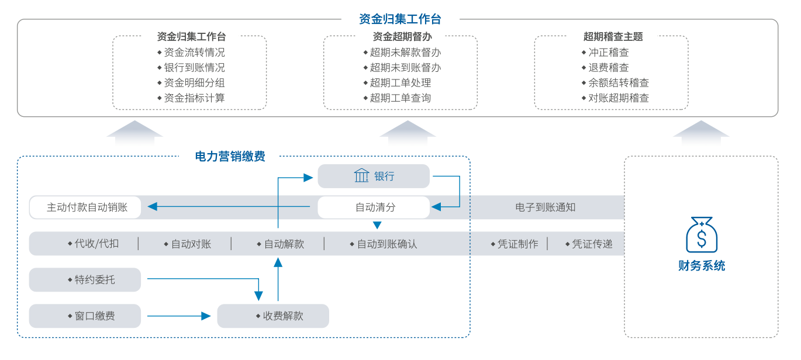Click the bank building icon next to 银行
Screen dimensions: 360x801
[362, 175]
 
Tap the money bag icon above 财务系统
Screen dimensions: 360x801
[702, 234]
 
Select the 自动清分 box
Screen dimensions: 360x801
[374, 207]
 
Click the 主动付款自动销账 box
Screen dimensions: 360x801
[85, 207]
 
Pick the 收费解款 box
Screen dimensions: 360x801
[273, 316]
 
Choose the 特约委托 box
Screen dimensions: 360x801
[85, 280]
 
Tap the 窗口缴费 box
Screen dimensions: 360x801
[85, 316]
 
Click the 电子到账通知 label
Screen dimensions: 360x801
[545, 207]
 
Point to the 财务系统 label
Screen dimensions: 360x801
[702, 266]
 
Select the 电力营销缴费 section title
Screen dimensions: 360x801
[230, 156]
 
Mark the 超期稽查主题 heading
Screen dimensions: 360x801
[613, 36]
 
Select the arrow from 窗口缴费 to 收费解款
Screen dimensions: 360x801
[178, 316]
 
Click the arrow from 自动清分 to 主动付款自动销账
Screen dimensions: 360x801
[228, 206]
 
